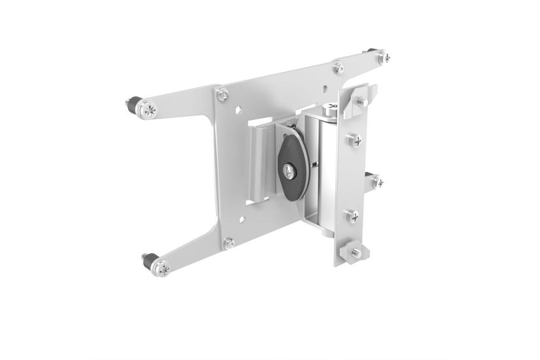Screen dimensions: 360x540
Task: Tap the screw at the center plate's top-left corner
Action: pyautogui.click(x=223, y=94)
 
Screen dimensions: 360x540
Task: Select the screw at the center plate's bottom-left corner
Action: pyautogui.click(x=229, y=243)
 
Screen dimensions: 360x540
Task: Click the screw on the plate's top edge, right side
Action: pyautogui.click(x=338, y=67)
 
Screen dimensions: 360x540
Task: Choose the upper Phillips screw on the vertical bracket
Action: pyautogui.click(x=355, y=139)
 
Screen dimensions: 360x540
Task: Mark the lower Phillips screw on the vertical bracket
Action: pyautogui.click(x=353, y=216)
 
